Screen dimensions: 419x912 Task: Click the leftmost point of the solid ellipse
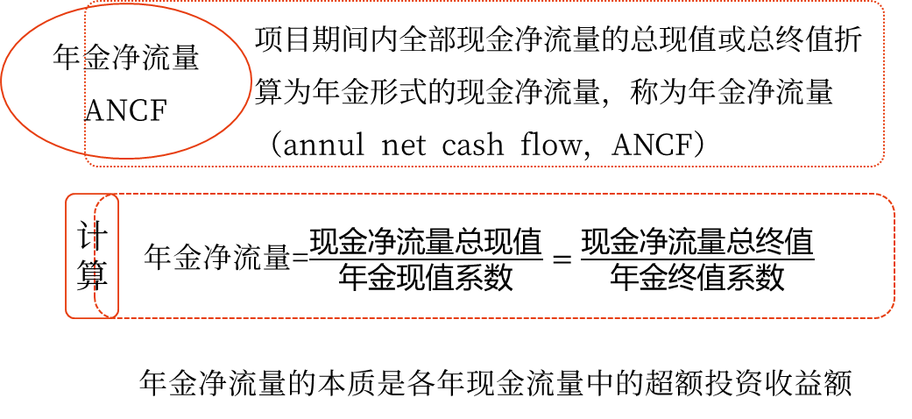pyautogui.click(x=2, y=81)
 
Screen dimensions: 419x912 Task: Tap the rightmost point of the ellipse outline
pyautogui.click(x=251, y=81)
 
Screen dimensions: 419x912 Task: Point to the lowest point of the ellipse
pyautogui.click(x=126, y=158)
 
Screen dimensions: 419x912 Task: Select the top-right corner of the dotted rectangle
pyautogui.click(x=881, y=4)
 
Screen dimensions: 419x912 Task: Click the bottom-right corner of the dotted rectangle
pyautogui.click(x=881, y=163)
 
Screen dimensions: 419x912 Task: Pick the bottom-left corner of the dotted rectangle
pyautogui.click(x=88, y=163)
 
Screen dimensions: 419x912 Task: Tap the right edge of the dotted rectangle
pyautogui.click(x=884, y=83)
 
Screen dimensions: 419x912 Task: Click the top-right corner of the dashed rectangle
pyautogui.click(x=890, y=198)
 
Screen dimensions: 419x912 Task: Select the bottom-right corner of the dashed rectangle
pyautogui.click(x=890, y=313)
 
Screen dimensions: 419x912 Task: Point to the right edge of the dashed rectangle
pyautogui.click(x=894, y=255)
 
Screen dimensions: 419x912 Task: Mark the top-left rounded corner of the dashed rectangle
pyautogui.click(x=98, y=198)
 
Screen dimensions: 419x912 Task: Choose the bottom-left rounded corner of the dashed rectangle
pyautogui.click(x=98, y=313)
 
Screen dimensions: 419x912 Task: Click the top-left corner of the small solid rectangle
pyautogui.click(x=67, y=195)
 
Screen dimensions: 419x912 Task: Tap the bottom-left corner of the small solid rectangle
pyautogui.click(x=67, y=316)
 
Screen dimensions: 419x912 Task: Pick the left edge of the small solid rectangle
pyautogui.click(x=66, y=255)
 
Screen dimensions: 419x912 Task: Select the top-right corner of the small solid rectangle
pyautogui.click(x=117, y=195)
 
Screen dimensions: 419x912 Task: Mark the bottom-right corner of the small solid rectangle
pyautogui.click(x=117, y=316)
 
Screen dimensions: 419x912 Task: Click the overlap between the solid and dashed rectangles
pyautogui.click(x=106, y=255)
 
